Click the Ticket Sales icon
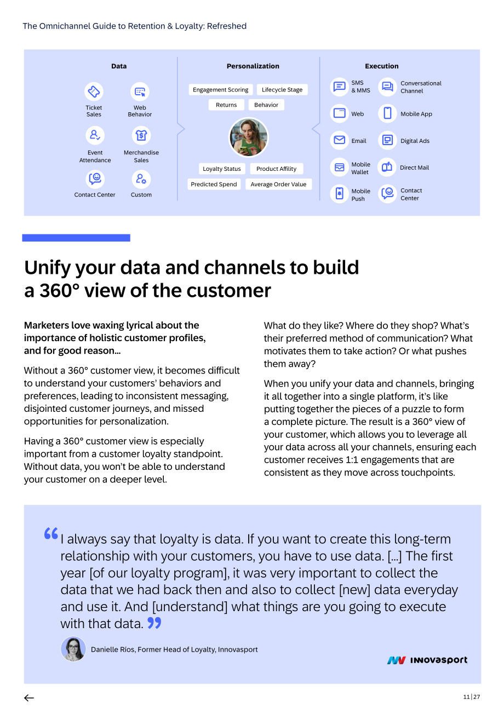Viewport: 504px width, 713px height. click(x=94, y=91)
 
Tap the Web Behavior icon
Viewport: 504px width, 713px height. click(x=140, y=91)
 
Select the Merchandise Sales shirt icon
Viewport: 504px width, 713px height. click(x=141, y=135)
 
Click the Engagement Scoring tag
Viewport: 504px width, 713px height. click(x=221, y=90)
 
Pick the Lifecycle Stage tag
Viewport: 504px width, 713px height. click(x=282, y=90)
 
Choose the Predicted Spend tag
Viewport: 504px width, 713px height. click(x=214, y=185)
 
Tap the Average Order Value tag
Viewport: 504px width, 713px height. click(x=278, y=185)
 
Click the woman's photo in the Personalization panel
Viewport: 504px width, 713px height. click(x=249, y=137)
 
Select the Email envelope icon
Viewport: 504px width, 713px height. click(x=340, y=140)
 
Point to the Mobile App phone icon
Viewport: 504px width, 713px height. click(x=387, y=113)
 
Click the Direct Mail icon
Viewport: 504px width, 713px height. click(x=387, y=167)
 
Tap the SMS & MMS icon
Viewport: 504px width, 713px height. click(x=340, y=87)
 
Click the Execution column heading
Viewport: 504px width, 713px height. click(x=381, y=66)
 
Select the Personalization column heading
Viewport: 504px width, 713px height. click(x=253, y=66)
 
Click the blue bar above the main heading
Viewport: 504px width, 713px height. click(x=76, y=238)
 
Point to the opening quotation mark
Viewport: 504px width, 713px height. click(x=51, y=533)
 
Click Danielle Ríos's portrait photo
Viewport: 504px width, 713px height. click(x=73, y=649)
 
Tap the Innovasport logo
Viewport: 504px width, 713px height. click(x=427, y=660)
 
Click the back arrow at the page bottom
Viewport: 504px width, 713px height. click(x=29, y=698)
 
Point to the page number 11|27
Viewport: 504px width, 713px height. click(x=471, y=697)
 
